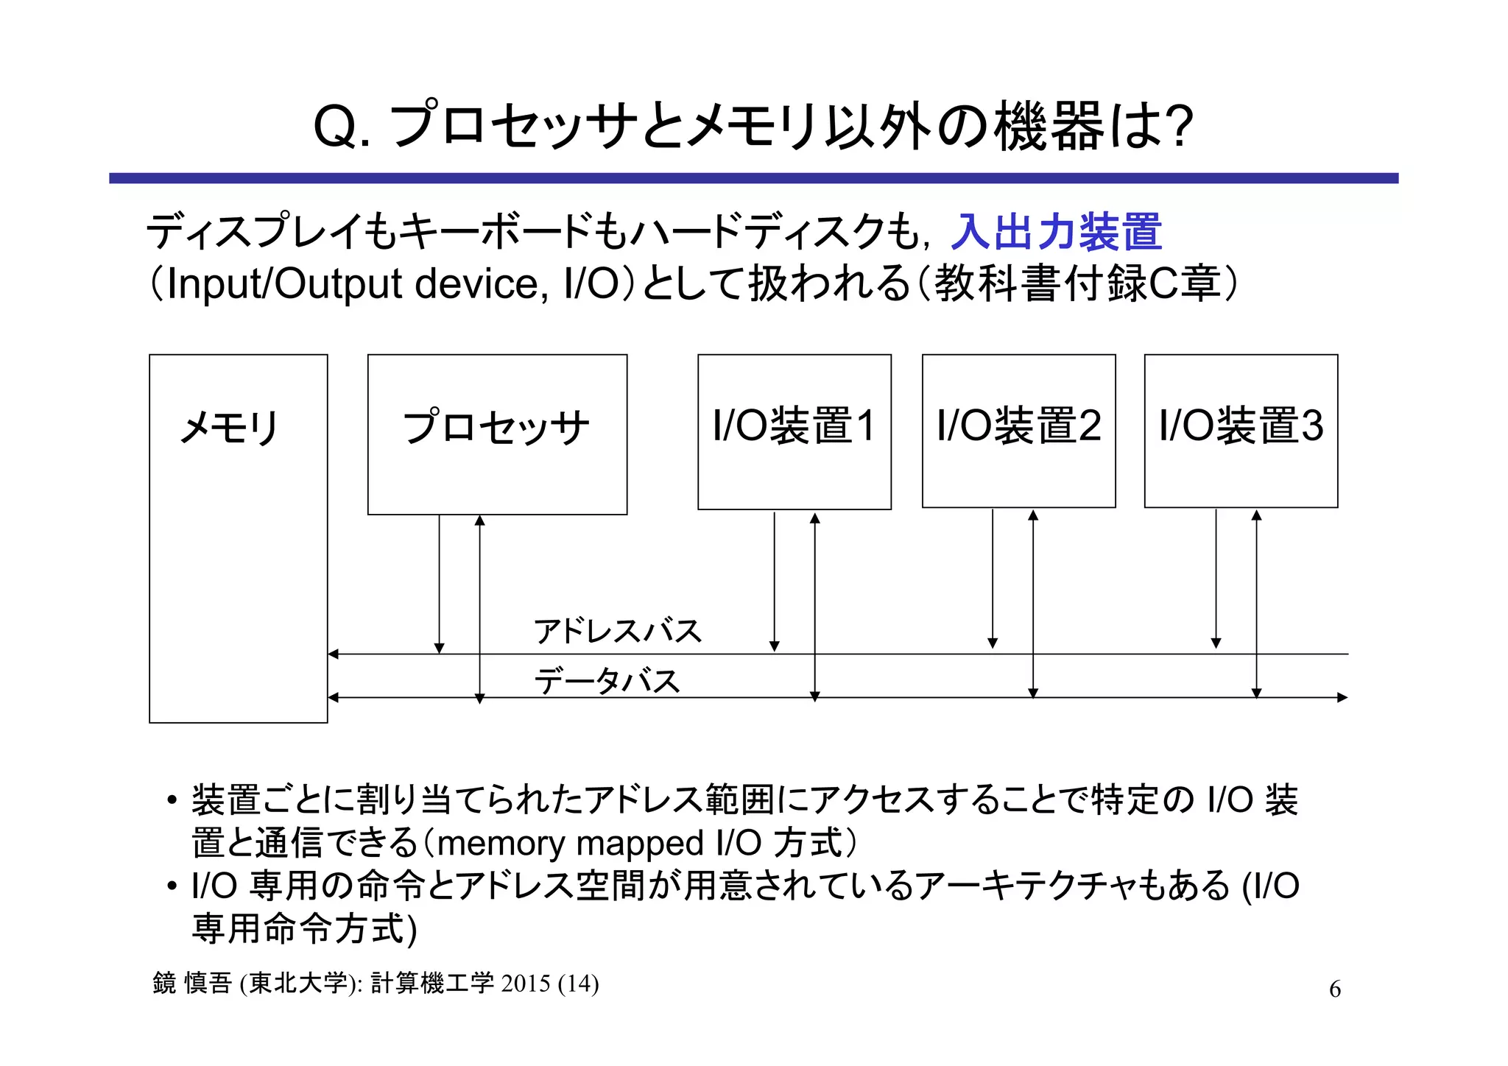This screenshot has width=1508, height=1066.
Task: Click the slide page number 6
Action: click(1334, 989)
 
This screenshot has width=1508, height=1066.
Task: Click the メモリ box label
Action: click(229, 427)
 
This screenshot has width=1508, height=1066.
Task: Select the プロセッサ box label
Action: click(496, 427)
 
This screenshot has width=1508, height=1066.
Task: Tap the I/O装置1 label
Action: click(794, 426)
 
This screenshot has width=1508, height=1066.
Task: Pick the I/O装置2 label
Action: click(1018, 426)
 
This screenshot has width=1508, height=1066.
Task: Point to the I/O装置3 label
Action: click(1241, 426)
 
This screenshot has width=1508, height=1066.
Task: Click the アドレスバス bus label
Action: click(618, 632)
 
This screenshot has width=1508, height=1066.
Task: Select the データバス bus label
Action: click(607, 681)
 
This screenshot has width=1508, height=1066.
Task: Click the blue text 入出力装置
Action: click(1056, 231)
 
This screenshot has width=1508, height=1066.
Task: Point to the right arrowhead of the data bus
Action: click(1343, 697)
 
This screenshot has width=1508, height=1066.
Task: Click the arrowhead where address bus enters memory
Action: click(333, 654)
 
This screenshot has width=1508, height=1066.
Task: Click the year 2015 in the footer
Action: click(526, 984)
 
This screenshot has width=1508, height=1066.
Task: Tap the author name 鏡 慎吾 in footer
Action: click(192, 984)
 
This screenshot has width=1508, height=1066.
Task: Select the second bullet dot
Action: click(172, 886)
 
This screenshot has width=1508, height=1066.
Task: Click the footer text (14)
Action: click(579, 984)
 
